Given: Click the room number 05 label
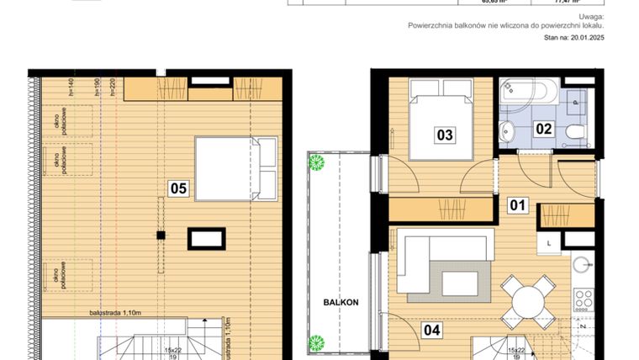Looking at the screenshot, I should tap(177, 188).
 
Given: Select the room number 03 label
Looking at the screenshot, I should tap(445, 134).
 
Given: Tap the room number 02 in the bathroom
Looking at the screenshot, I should tap(544, 129).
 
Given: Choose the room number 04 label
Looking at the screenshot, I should tap(431, 331).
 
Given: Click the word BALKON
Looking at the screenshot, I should tap(342, 302).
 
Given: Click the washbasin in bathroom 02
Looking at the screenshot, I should tap(509, 131).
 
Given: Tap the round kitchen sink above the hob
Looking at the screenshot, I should tap(584, 265).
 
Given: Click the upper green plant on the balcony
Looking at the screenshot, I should tap(317, 163).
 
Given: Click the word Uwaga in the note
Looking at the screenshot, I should tap(591, 17).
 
